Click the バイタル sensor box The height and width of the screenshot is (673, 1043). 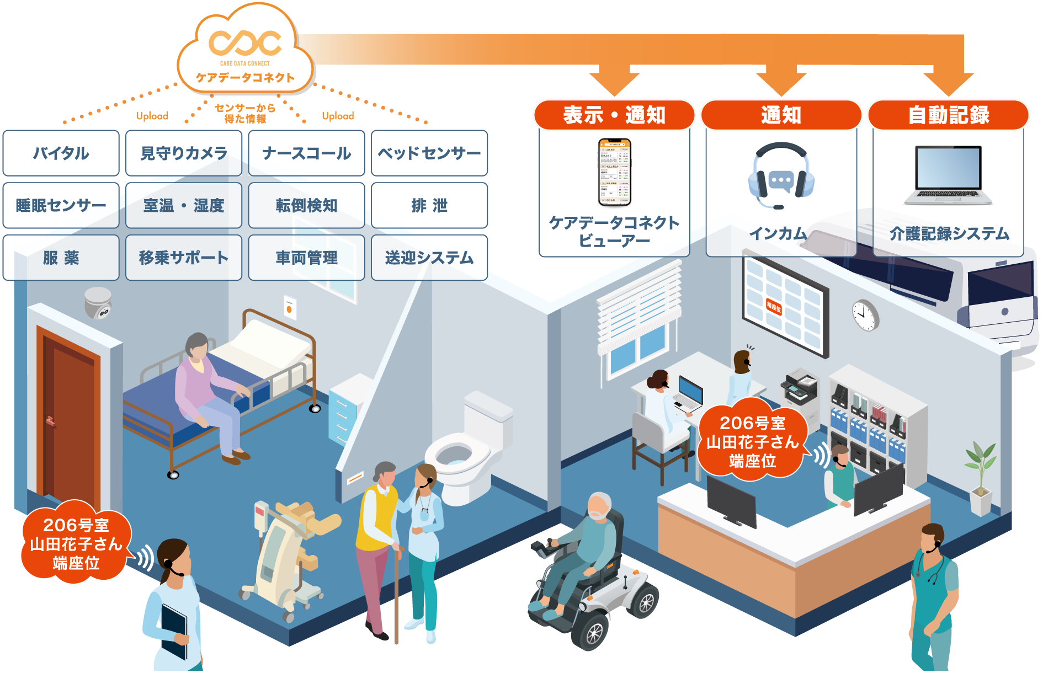61,153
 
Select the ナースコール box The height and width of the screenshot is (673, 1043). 306,153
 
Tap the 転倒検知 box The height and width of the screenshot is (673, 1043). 306,205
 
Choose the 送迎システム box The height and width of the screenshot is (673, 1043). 429,258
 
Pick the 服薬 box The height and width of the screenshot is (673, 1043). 61,258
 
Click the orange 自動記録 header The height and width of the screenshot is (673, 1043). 948,115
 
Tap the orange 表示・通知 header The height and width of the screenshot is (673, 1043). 614,115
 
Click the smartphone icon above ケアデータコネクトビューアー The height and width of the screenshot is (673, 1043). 615,172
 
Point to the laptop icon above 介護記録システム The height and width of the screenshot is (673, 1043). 948,174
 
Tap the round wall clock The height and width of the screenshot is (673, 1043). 865,315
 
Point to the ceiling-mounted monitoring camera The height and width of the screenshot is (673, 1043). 98,303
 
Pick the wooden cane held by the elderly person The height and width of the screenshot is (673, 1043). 397,596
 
